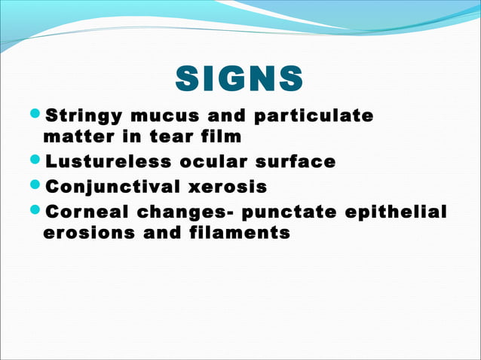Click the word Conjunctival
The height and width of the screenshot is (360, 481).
click(114, 186)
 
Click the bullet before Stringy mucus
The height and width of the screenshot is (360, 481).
click(36, 117)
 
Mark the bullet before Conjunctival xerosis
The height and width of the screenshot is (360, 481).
click(36, 186)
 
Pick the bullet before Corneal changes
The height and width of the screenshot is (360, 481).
click(36, 210)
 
